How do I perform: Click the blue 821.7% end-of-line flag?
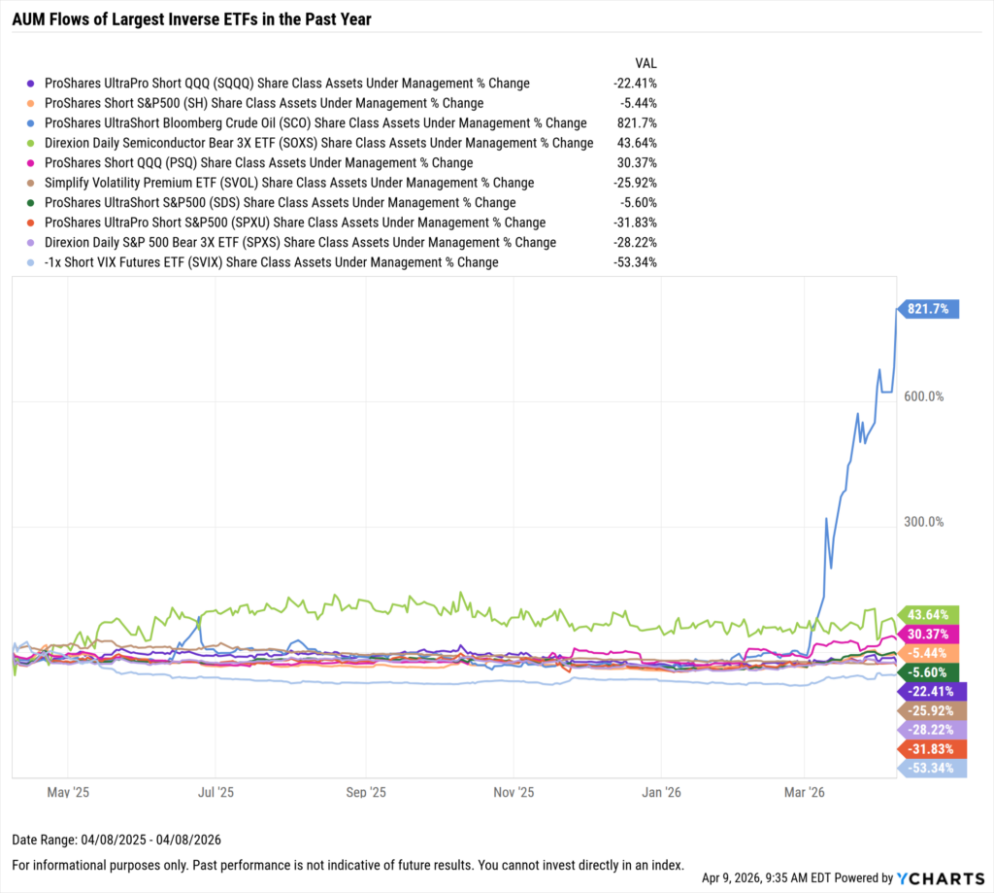click(931, 309)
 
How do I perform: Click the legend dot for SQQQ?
click(32, 84)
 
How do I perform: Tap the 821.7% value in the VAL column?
click(642, 123)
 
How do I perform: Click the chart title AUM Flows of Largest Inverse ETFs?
click(191, 18)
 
